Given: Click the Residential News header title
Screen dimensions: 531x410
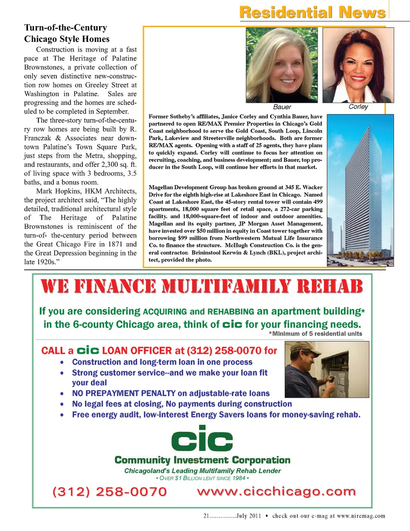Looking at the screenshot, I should click(x=313, y=12).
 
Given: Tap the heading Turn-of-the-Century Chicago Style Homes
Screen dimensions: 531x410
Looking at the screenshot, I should click(x=67, y=33).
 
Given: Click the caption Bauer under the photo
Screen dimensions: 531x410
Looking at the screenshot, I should click(x=282, y=107).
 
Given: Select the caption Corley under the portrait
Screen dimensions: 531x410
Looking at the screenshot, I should click(x=358, y=106).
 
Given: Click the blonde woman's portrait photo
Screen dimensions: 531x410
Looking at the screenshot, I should click(x=282, y=65).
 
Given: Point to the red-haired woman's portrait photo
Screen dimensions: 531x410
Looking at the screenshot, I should click(x=358, y=65).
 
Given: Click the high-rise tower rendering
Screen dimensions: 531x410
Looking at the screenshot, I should click(x=360, y=190).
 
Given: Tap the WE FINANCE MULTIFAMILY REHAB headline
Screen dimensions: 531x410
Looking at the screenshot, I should click(x=202, y=287).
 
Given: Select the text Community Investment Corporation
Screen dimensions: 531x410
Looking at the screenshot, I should click(x=202, y=460).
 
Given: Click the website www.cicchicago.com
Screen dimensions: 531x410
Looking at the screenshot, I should click(x=276, y=492).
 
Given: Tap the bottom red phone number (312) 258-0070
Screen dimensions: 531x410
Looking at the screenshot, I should click(x=110, y=492).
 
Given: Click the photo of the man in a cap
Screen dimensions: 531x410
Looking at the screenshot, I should click(x=327, y=370).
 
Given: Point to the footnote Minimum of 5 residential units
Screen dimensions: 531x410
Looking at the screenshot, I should click(x=316, y=334).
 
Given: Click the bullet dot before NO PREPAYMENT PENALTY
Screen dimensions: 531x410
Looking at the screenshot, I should click(x=62, y=394).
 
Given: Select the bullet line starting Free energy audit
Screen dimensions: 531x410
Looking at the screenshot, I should click(x=216, y=414).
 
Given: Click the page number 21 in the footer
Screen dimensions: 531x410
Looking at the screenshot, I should click(x=206, y=516).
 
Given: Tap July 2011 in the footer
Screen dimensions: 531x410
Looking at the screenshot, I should click(x=249, y=516).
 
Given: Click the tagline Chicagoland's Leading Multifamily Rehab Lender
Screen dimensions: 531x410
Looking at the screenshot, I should click(x=202, y=471).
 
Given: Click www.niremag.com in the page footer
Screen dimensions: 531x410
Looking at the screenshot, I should click(x=361, y=516).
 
